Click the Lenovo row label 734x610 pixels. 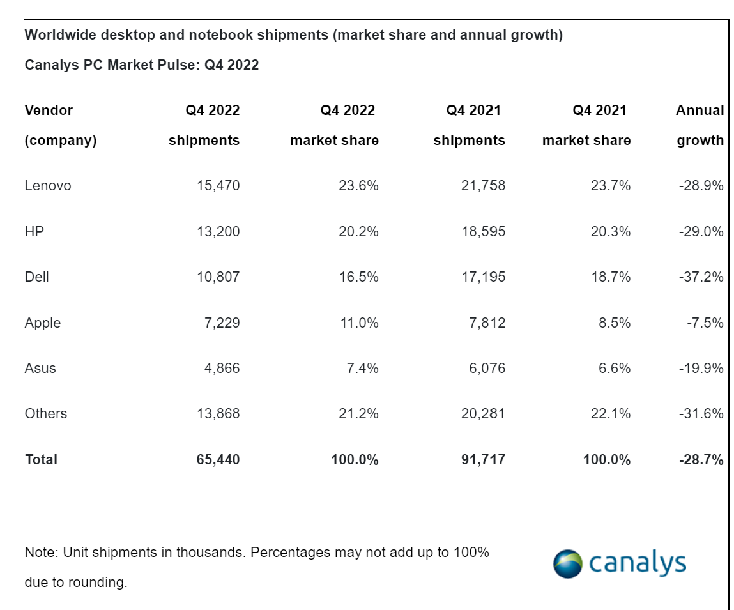coord(48,186)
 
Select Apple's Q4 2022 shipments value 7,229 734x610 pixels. coord(222,323)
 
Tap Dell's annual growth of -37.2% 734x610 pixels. coord(701,277)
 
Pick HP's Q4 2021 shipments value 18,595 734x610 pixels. coord(483,231)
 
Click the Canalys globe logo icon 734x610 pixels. coord(568,563)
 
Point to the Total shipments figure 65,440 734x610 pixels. coord(218,459)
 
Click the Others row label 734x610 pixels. coord(46,414)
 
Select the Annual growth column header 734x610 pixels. coord(700,125)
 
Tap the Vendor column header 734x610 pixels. coord(49,111)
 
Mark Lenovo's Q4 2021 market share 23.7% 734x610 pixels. coord(610,186)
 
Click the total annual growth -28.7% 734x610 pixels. coord(701,459)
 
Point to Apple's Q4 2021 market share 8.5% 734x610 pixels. coord(614,323)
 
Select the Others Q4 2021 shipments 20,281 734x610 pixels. coord(482,414)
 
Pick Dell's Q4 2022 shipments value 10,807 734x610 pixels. coord(218,277)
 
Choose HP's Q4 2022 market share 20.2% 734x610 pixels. coord(358,231)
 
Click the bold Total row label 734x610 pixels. coord(42,459)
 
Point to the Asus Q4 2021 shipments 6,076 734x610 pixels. coord(487,368)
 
